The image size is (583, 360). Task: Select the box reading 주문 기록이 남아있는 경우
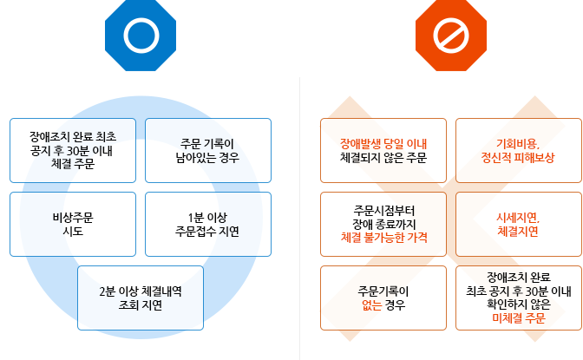(x=207, y=150)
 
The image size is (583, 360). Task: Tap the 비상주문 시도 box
(x=73, y=224)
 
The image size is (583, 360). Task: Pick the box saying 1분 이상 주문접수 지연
(x=207, y=224)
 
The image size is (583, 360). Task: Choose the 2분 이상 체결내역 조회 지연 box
(x=141, y=298)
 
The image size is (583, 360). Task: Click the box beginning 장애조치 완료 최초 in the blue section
(x=73, y=150)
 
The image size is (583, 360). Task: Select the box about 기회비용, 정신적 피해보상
(x=518, y=150)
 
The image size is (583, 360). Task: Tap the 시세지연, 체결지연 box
(x=518, y=224)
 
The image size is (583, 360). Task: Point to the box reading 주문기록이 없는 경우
(x=383, y=298)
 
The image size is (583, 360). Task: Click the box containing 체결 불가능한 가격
(x=383, y=224)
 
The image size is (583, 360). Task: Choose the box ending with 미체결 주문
(x=518, y=298)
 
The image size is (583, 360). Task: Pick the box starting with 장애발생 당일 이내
(x=383, y=150)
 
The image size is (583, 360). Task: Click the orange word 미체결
(x=507, y=318)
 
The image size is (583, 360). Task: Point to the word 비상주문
(x=73, y=217)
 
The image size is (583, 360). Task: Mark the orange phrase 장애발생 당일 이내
(x=383, y=143)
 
